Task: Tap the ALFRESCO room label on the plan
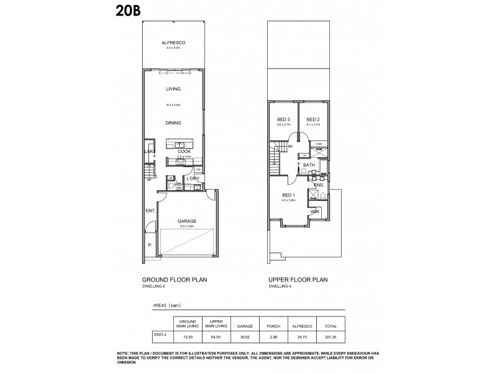click(173, 42)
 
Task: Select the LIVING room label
click(173, 89)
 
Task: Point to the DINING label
click(173, 122)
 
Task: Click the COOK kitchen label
click(184, 151)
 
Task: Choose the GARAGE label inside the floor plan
click(187, 221)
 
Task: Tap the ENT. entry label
click(150, 211)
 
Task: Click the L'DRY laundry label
click(191, 179)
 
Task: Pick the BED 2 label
click(313, 119)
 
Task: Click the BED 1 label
click(288, 195)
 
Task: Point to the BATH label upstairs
click(309, 165)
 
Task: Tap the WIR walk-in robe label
click(315, 211)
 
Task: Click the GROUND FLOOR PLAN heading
click(175, 280)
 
